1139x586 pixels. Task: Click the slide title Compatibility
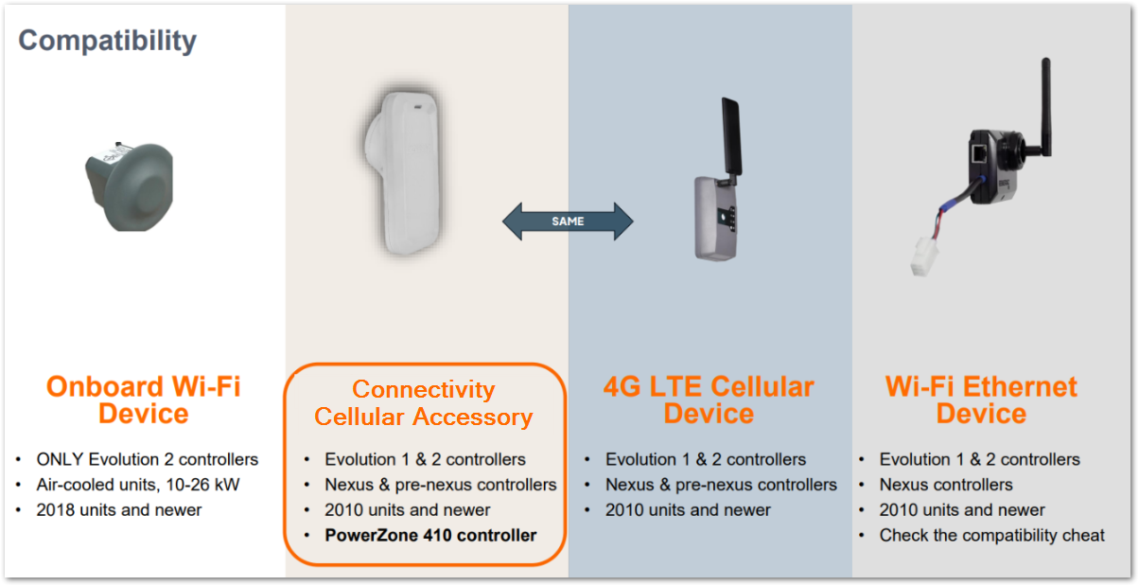click(x=107, y=41)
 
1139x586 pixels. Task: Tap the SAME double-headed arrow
click(x=568, y=222)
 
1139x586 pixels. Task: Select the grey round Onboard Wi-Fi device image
click(x=130, y=186)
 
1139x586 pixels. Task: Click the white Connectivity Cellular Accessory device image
click(x=403, y=173)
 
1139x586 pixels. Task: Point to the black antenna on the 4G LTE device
click(x=731, y=137)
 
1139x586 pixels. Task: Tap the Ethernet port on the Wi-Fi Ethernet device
click(x=979, y=152)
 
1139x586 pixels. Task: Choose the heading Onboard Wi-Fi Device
click(x=144, y=400)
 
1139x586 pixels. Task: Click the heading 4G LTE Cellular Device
click(x=709, y=400)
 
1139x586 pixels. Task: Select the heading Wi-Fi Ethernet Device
click(x=981, y=400)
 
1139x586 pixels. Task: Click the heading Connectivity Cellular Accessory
click(x=424, y=403)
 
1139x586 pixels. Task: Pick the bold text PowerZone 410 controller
click(x=430, y=535)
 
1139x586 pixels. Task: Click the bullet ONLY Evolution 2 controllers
click(x=148, y=459)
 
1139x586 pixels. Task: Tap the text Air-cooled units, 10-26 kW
click(x=138, y=485)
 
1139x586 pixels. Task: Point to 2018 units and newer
click(x=119, y=509)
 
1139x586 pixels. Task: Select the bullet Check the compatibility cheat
click(x=992, y=535)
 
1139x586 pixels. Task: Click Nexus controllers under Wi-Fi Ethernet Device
click(x=946, y=485)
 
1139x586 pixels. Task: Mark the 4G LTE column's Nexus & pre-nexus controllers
click(x=721, y=485)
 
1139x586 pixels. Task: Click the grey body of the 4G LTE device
click(x=714, y=219)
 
